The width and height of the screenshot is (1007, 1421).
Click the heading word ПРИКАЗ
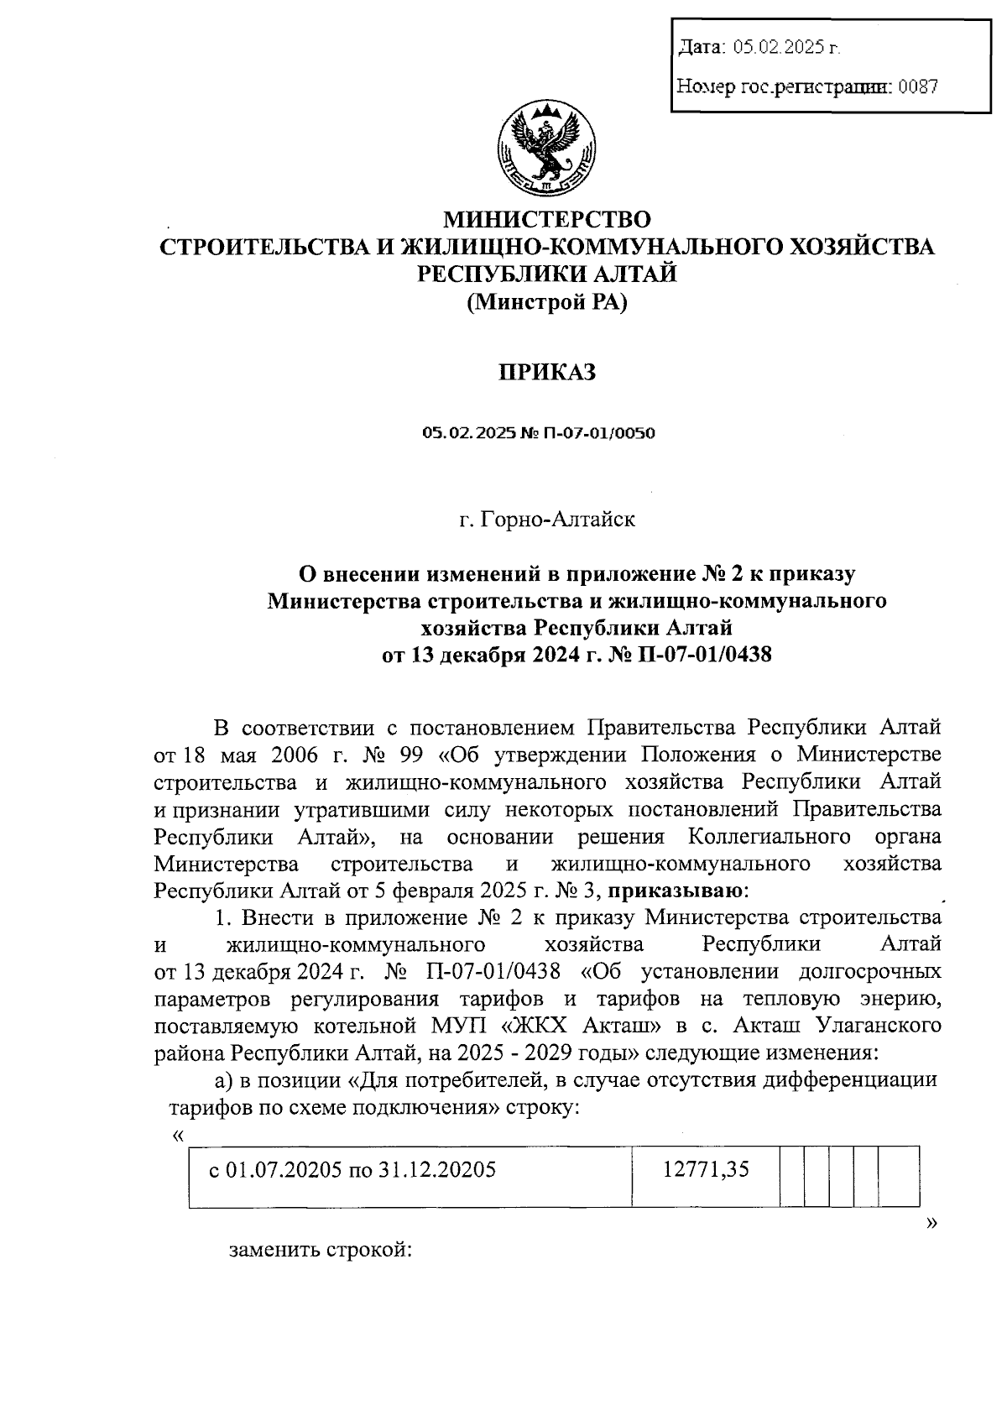pyautogui.click(x=547, y=372)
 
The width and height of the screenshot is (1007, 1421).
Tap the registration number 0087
pyautogui.click(x=917, y=86)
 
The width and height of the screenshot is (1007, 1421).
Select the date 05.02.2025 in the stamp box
pyautogui.click(x=785, y=49)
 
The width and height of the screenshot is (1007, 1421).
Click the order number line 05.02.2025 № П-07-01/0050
pyautogui.click(x=538, y=434)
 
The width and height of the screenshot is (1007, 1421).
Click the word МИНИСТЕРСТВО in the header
pyautogui.click(x=547, y=220)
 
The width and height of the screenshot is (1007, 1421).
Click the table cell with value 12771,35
pyautogui.click(x=706, y=1168)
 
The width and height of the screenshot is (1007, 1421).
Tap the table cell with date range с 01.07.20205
pyautogui.click(x=352, y=1169)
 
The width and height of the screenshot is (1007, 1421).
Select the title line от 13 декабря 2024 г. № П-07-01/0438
pyautogui.click(x=577, y=654)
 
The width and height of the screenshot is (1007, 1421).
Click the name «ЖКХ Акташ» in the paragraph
pyautogui.click(x=585, y=1026)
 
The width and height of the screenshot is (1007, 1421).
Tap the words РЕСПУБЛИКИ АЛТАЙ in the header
pyautogui.click(x=547, y=274)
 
